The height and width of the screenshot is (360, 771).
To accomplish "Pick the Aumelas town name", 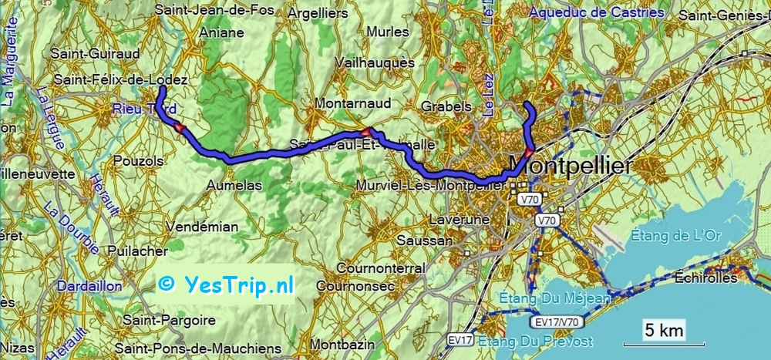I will (235, 186).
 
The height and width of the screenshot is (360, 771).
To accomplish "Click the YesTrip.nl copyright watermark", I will (226, 284).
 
